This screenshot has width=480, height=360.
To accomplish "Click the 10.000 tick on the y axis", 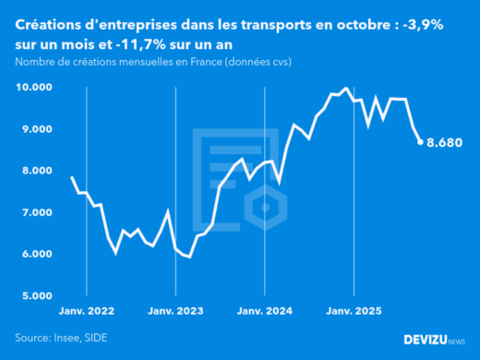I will coord(34,88).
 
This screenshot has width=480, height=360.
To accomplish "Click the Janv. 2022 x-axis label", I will coord(86,312).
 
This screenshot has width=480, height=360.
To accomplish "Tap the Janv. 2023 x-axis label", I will coord(175,312).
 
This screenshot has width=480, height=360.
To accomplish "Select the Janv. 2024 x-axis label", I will coord(265,312).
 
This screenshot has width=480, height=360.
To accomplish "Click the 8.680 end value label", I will coord(444,143).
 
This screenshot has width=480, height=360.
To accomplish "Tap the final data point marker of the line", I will coord(420,142).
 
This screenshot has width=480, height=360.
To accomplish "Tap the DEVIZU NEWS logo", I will coord(434,340).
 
